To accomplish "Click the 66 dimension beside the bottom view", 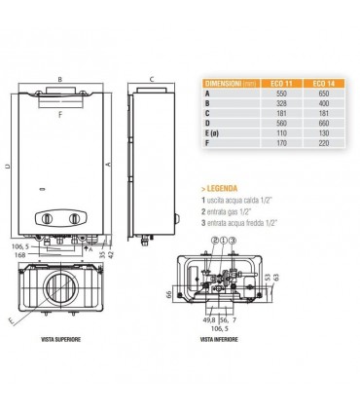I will pyautogui.click(x=170, y=292).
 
